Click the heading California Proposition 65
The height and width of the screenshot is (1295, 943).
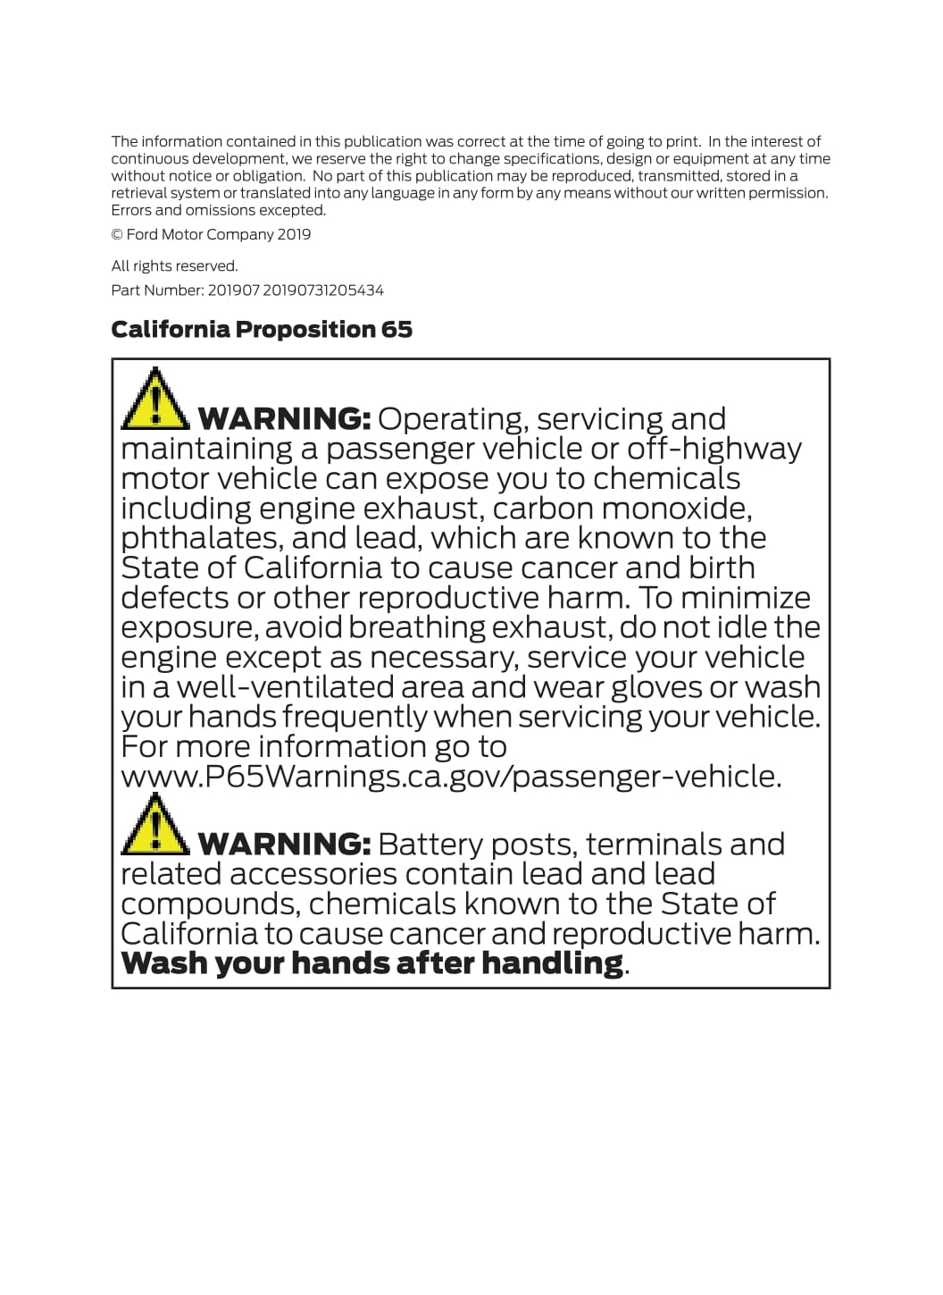point(262,330)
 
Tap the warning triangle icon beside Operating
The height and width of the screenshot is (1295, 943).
point(154,399)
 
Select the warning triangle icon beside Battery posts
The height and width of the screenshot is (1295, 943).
point(154,824)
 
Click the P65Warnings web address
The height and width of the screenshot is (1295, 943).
point(451,777)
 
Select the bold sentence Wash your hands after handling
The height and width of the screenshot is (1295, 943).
point(371,963)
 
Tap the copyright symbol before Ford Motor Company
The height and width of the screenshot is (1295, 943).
point(117,235)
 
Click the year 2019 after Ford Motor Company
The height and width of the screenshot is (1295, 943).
point(294,235)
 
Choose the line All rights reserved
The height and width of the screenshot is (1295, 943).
point(174,266)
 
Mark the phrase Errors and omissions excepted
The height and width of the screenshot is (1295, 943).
point(218,211)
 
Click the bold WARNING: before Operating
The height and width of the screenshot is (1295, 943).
point(284,419)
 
